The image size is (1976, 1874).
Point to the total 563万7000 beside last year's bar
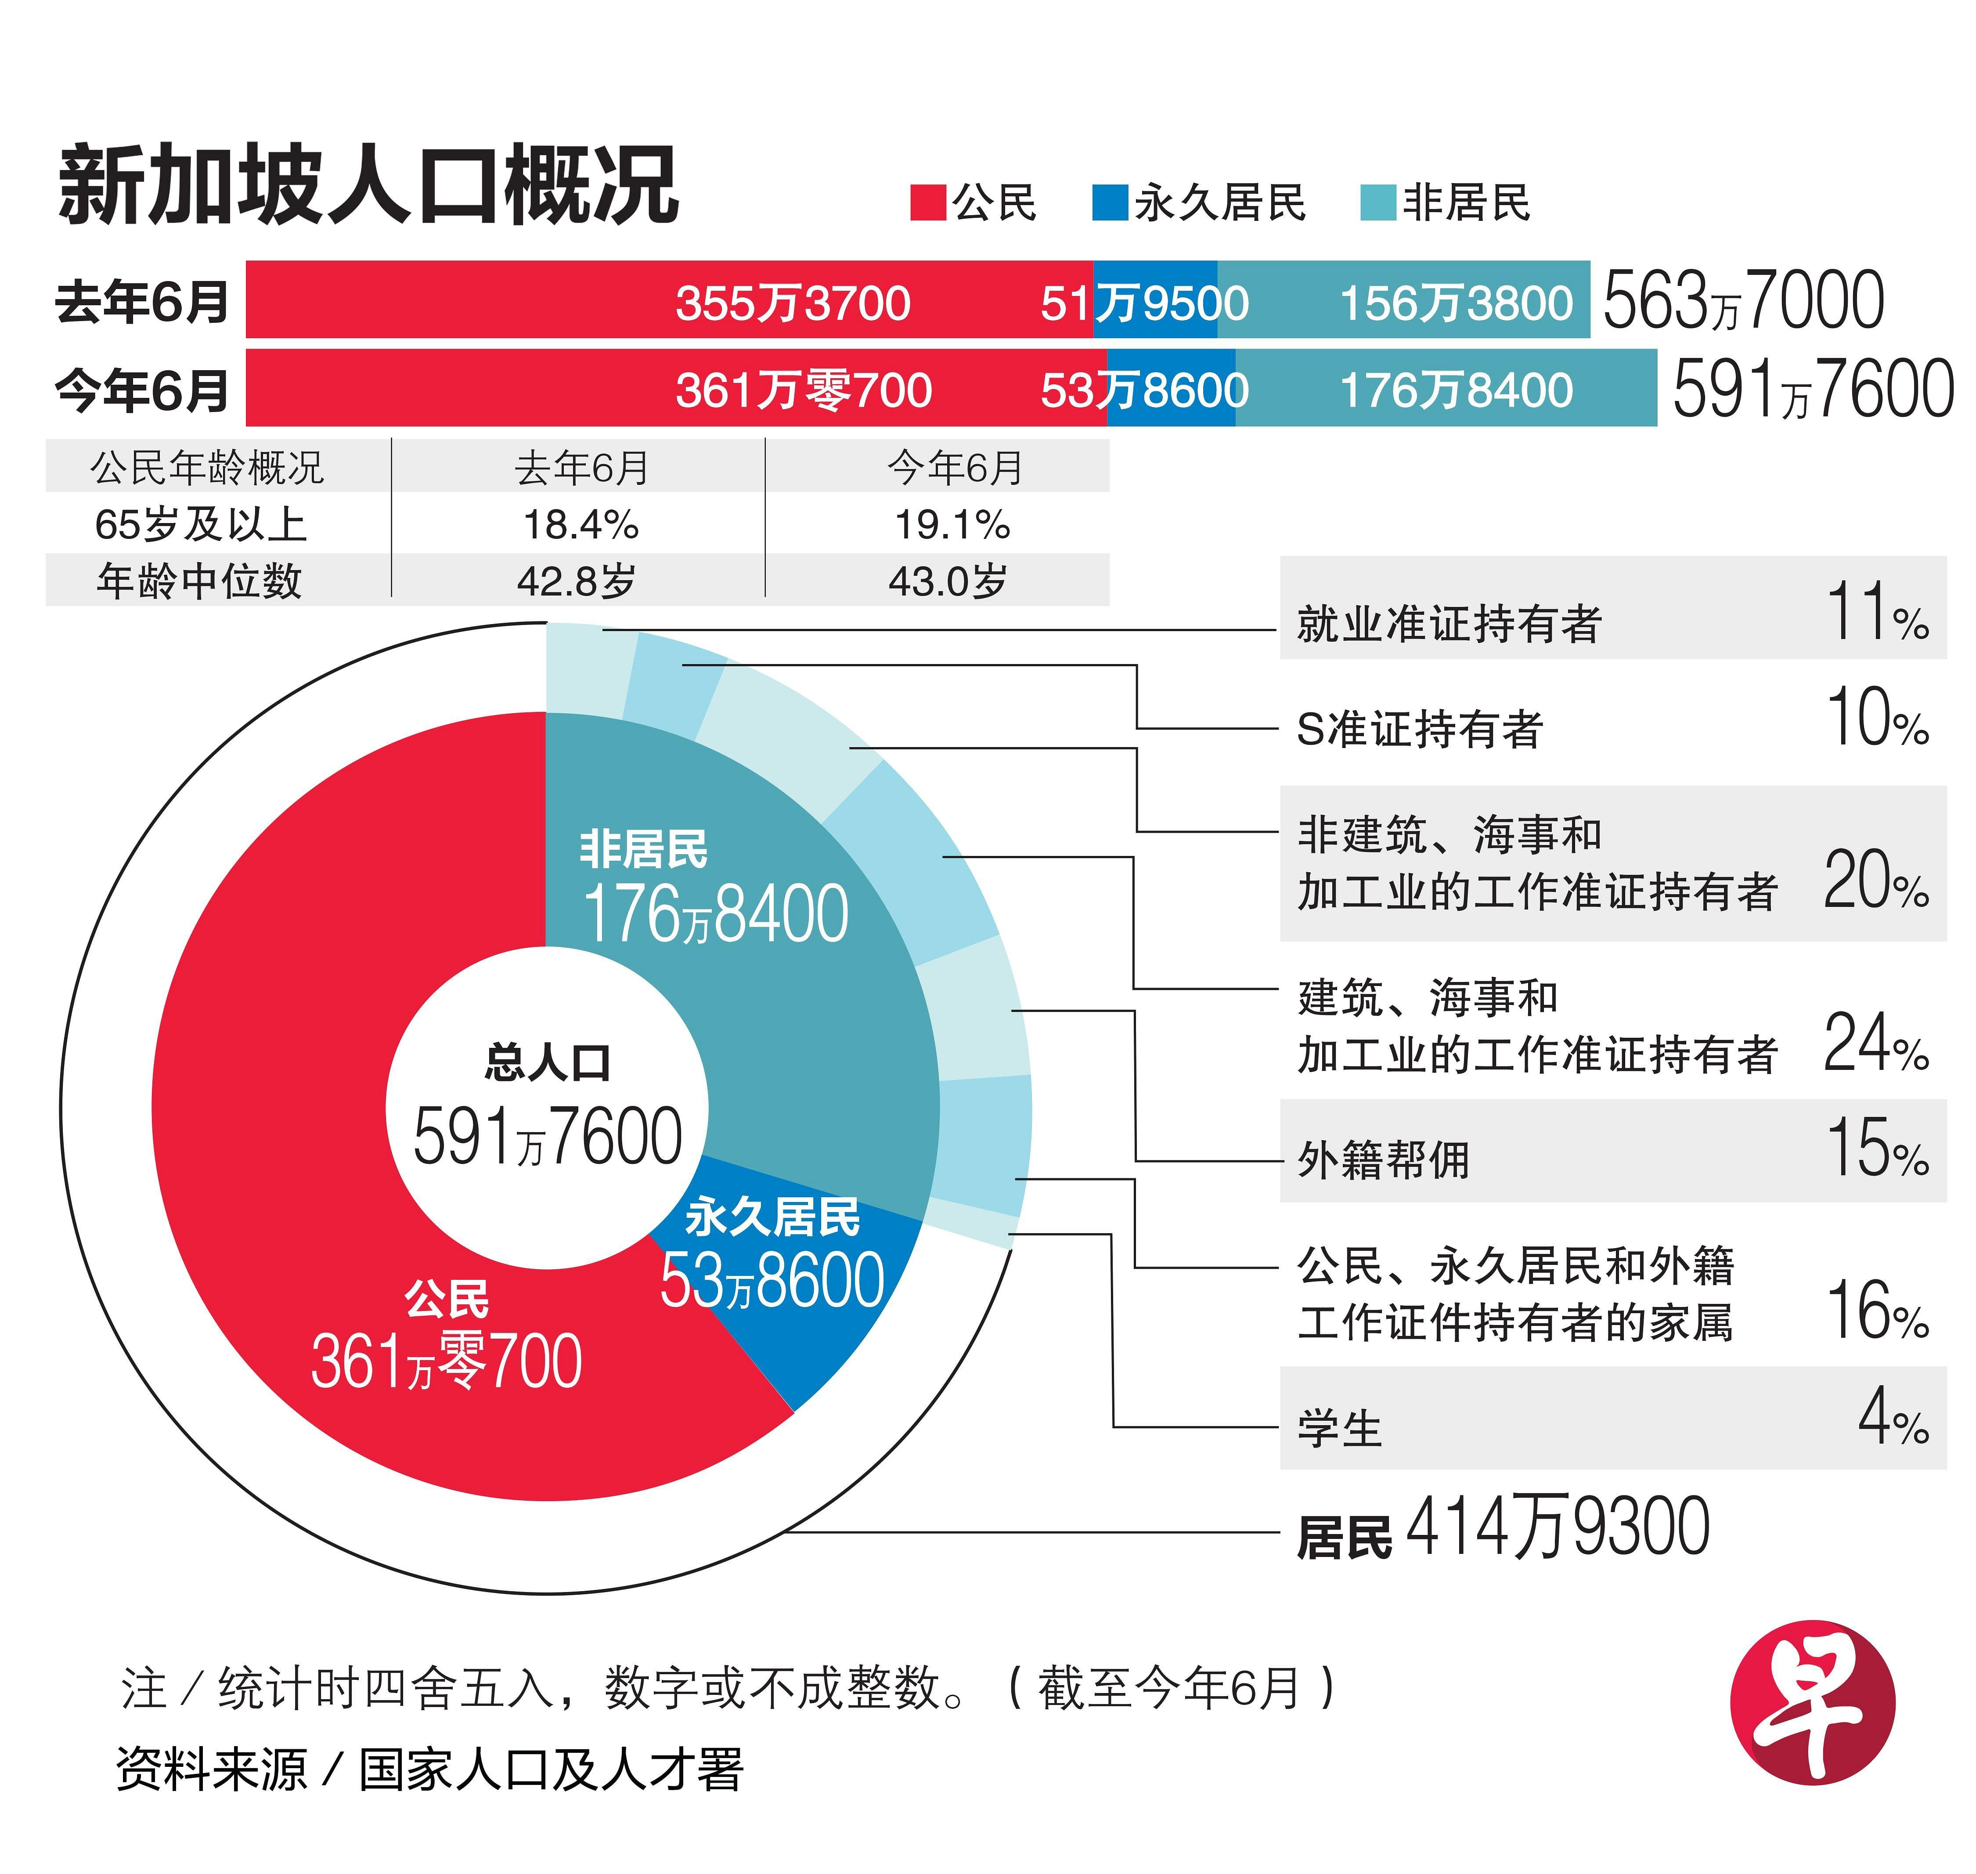pyautogui.click(x=1743, y=301)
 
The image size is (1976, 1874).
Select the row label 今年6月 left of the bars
pyautogui.click(x=142, y=390)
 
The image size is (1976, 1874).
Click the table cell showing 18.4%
pyautogui.click(x=581, y=524)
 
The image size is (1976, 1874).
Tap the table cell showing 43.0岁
pyautogui.click(x=947, y=580)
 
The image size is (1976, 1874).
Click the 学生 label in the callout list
pyautogui.click(x=1339, y=1429)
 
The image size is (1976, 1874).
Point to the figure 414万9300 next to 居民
pyautogui.click(x=1556, y=1527)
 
